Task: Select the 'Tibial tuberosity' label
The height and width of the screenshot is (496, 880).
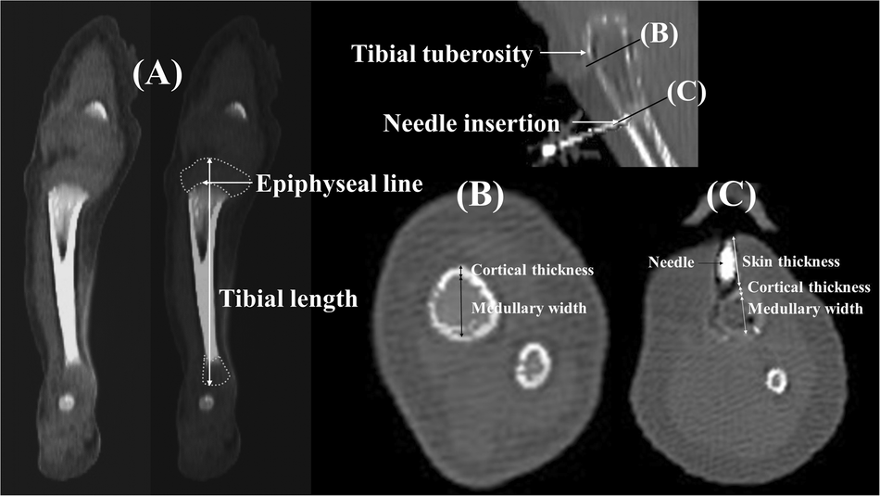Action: click(442, 55)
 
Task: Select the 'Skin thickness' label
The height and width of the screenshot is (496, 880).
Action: click(792, 262)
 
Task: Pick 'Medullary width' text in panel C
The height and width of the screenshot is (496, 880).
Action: click(805, 309)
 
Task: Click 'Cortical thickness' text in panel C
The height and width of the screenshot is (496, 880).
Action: click(809, 287)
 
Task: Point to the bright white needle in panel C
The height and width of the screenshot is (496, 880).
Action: click(725, 262)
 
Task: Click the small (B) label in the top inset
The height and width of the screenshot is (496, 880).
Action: click(659, 33)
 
